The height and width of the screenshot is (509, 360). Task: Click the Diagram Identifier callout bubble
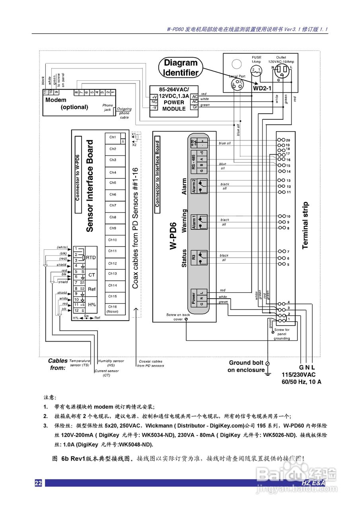(x=181, y=68)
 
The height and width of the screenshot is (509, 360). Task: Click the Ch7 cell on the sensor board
(x=113, y=206)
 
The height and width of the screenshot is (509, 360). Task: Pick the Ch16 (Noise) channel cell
(x=113, y=309)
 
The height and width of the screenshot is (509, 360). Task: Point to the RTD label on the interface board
(x=91, y=258)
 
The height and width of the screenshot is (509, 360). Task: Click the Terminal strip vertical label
(x=305, y=225)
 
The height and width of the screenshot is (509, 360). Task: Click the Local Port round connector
(x=237, y=83)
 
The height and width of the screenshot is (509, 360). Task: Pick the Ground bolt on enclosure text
(x=246, y=366)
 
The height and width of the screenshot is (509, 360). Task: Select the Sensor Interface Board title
(x=90, y=186)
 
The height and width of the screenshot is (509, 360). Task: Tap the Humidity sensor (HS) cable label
(x=111, y=363)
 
